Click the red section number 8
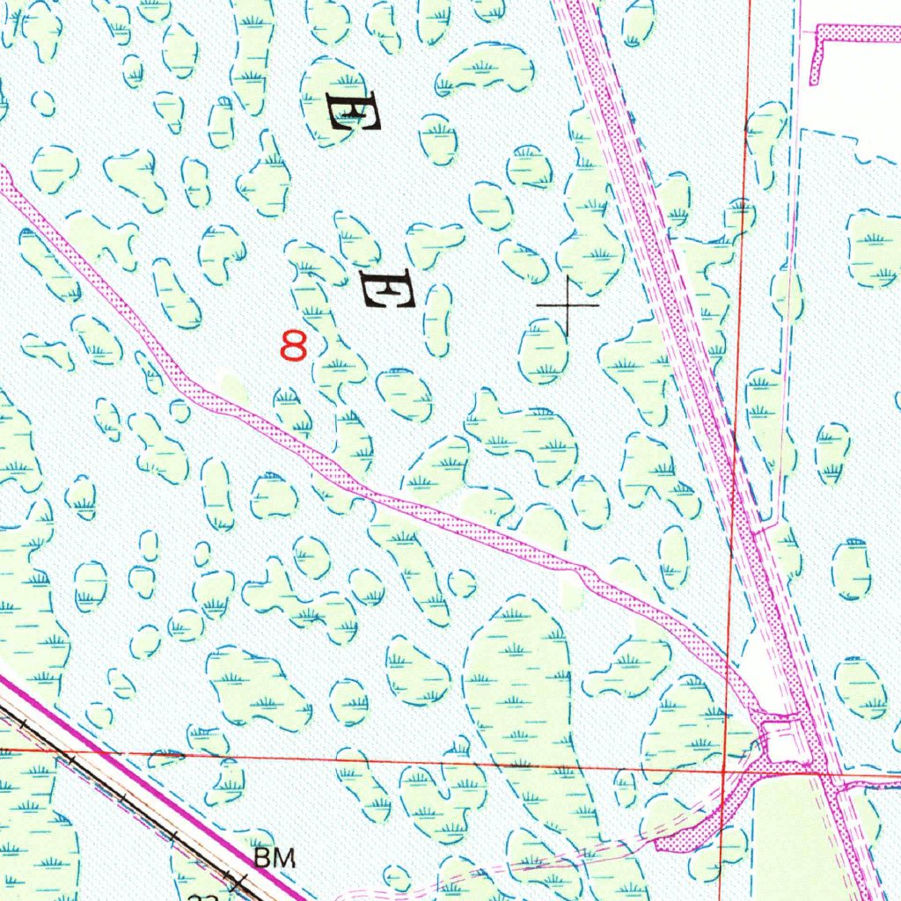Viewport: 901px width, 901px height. [x=294, y=345]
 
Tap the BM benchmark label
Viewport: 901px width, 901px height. [x=274, y=858]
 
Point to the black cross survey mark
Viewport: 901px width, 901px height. [x=568, y=305]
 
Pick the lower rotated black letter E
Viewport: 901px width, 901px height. [x=387, y=289]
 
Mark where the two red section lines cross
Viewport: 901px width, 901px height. [x=722, y=767]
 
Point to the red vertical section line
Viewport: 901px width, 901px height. [x=737, y=352]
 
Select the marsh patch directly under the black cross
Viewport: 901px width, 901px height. [x=543, y=352]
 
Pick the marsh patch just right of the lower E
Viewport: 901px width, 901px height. [x=437, y=319]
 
